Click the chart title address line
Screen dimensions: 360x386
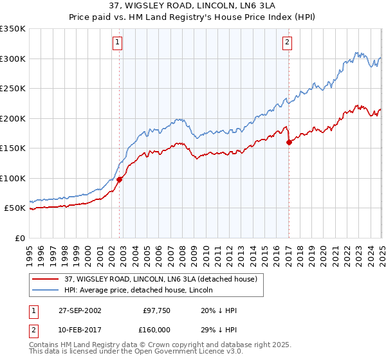pos(192,6)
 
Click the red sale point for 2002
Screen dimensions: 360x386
pos(120,180)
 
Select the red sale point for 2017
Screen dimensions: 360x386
pos(289,143)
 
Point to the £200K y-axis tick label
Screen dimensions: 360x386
pos(13,118)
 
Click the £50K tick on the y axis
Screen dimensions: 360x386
pos(15,208)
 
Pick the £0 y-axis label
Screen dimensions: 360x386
pos(21,238)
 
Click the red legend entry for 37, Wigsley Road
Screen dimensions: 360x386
pos(161,278)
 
